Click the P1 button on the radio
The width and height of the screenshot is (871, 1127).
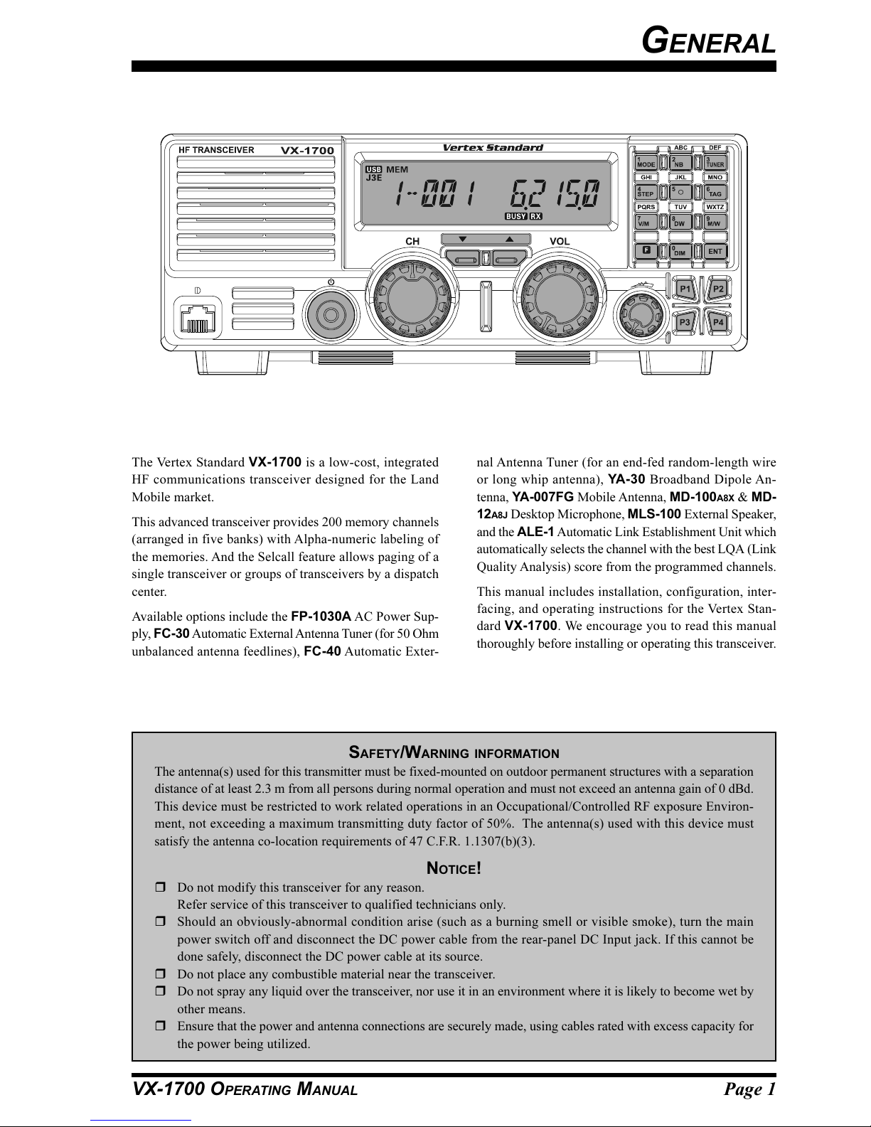point(685,289)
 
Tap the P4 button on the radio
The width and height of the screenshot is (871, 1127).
point(718,322)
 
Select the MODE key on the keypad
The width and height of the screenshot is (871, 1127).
point(646,162)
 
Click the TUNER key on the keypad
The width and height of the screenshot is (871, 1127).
point(715,162)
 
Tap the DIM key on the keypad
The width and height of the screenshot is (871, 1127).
point(679,251)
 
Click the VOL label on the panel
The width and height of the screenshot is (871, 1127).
point(560,242)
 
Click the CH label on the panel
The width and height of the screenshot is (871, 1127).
point(412,242)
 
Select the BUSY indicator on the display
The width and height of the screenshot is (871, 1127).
point(515,216)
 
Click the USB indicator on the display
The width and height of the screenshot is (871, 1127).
point(373,170)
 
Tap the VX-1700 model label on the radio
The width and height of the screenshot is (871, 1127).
point(307,151)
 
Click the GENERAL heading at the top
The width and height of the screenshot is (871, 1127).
point(708,43)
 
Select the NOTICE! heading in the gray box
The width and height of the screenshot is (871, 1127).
point(454,868)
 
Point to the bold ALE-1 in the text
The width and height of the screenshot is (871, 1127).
point(535,532)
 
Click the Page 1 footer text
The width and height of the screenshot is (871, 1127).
point(749,1089)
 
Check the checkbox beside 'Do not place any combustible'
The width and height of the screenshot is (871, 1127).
point(160,974)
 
